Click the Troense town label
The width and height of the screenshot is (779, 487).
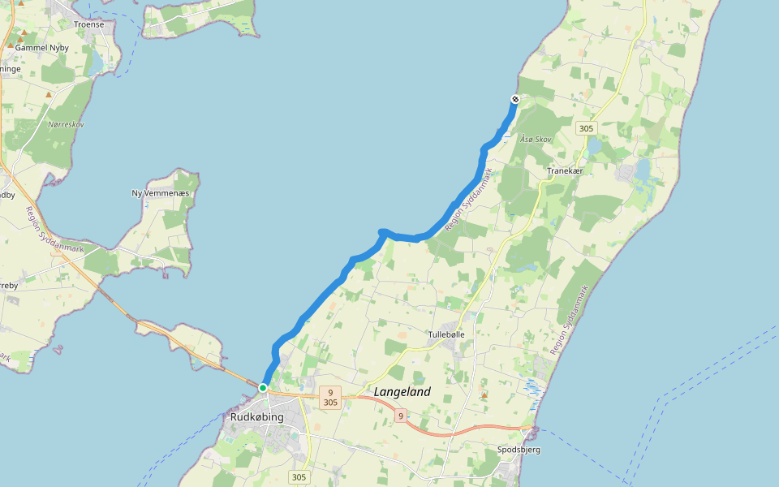coord(89,24)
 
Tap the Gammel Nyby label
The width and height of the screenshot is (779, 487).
coord(41,48)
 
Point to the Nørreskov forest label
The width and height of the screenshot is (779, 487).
coord(66,124)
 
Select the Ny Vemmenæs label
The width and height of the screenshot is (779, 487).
coord(160,193)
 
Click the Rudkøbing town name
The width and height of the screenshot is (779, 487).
coord(256,417)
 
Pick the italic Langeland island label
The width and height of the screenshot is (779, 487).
coord(402,392)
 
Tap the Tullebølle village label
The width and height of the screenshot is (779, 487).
coord(446,334)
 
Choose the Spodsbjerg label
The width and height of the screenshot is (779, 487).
coord(519,449)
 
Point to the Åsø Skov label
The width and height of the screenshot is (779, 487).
coord(536,140)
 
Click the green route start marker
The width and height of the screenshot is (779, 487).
coord(263,388)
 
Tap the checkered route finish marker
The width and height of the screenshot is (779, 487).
coord(514,99)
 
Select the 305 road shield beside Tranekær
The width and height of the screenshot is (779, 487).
coord(586,128)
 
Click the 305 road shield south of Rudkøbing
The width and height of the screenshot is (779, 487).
coord(299,477)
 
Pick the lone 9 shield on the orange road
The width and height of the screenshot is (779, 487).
coord(400,416)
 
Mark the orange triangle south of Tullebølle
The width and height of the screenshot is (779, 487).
coord(484,395)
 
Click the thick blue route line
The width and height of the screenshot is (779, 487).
coord(325,296)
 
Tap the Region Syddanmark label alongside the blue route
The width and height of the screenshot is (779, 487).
coord(469,199)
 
